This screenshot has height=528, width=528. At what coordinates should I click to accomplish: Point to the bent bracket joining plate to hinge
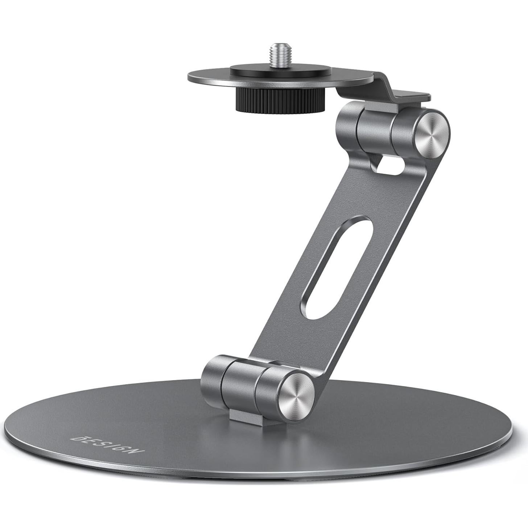pos(381,87)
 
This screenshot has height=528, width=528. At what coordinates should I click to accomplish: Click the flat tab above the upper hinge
pos(412,96)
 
